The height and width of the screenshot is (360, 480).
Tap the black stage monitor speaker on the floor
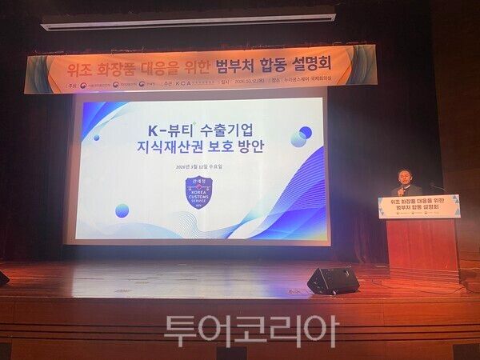pos(333,280)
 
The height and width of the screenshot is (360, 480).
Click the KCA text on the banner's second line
pos(190,82)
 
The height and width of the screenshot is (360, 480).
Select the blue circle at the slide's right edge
pos(305,133)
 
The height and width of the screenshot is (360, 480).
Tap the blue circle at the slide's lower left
pos(122,211)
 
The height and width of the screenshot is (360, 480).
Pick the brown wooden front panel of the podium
pos(422,248)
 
